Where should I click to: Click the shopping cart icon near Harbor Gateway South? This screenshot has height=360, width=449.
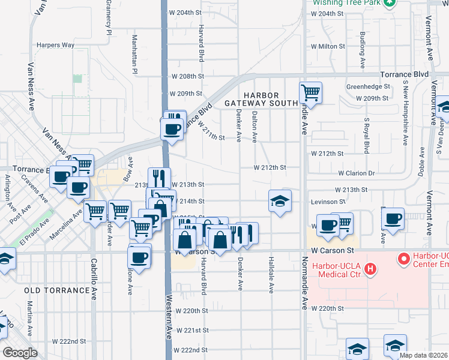(311, 93)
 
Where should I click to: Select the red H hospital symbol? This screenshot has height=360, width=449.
(370, 268)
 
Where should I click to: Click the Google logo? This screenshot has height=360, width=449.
(20, 352)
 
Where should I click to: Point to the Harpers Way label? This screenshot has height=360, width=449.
(55, 45)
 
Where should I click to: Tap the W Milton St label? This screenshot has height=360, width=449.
(328, 46)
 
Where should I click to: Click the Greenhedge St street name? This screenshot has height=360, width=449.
(368, 86)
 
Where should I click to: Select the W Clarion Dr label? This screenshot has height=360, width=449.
(356, 173)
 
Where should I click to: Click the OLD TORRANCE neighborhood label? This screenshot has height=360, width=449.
(57, 290)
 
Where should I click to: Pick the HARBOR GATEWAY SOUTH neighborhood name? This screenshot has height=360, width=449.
(261, 100)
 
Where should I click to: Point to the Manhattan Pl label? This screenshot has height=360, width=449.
(135, 54)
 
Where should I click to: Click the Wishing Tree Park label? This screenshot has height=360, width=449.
(347, 2)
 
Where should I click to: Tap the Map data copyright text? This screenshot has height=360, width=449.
(424, 355)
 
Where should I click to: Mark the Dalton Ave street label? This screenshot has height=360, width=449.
(255, 127)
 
